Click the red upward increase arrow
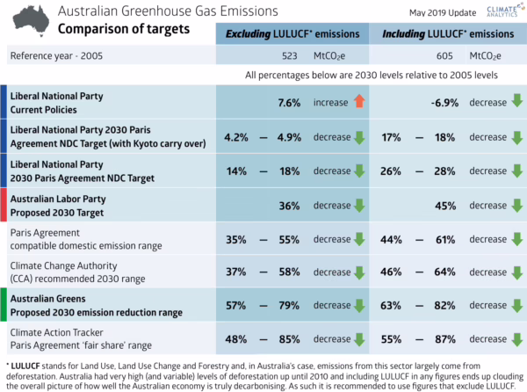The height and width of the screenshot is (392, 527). (359, 103)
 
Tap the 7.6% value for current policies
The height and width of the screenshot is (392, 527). (289, 103)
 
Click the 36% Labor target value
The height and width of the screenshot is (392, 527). (290, 206)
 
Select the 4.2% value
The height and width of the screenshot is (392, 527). (238, 137)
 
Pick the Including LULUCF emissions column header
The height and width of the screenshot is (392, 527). (447, 34)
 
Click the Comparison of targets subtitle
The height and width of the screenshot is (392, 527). (116, 29)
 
